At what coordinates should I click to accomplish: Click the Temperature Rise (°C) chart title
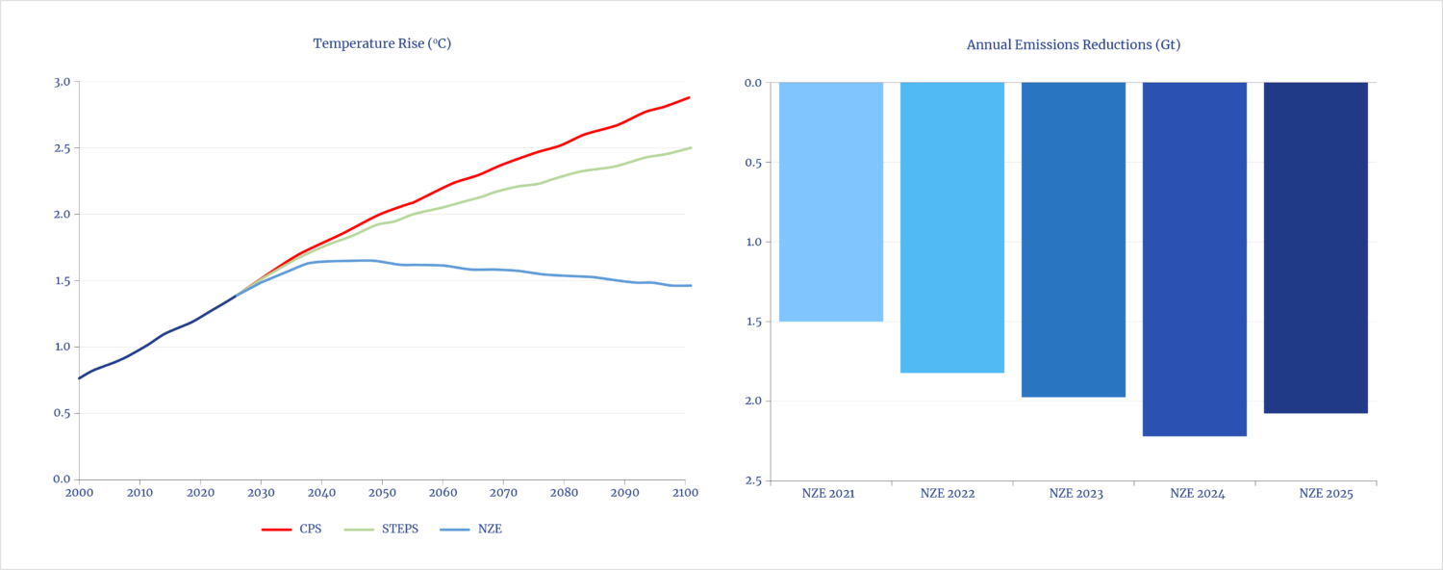(382, 44)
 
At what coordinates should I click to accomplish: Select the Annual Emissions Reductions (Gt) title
(1074, 45)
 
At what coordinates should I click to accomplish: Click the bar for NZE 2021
(831, 201)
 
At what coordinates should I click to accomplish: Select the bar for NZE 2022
(952, 227)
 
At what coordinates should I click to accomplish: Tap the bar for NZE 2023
(1074, 240)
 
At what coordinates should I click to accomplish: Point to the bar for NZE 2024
(1195, 259)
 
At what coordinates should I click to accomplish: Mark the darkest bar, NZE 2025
(1316, 247)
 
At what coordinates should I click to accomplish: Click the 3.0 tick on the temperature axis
(62, 82)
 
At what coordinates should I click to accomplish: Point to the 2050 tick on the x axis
(382, 493)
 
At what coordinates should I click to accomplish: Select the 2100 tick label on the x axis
(684, 493)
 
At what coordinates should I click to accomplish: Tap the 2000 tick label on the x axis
(80, 493)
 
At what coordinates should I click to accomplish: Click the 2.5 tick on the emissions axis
(753, 480)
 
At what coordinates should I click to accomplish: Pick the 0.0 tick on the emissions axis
(753, 83)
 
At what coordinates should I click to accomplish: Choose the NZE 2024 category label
(1195, 494)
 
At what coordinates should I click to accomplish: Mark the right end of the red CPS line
(690, 97)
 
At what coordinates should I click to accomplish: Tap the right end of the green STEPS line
(690, 147)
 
